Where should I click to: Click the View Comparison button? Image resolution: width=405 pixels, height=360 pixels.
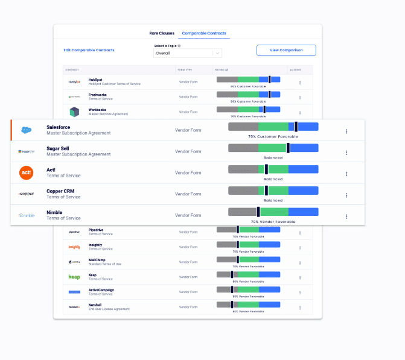286,50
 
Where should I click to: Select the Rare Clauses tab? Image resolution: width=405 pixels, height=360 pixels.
161,33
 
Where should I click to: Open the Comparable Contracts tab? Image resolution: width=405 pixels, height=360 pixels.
203,33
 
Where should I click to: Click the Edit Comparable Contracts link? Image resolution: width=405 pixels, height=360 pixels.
89,50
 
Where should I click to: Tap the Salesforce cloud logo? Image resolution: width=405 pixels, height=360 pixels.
26,130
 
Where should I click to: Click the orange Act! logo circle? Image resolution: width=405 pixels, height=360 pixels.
26,172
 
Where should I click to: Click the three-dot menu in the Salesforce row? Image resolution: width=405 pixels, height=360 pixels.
346,131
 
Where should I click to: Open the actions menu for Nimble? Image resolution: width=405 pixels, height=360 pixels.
346,216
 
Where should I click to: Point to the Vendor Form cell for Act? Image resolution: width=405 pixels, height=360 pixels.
188,173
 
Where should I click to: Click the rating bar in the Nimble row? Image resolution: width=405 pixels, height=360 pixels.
273,212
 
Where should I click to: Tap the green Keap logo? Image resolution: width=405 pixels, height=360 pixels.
74,277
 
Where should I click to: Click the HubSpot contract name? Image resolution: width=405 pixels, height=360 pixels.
95,79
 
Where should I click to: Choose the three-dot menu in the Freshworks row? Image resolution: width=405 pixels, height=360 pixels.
300,96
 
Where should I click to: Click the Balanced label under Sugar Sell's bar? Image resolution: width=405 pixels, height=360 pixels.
273,158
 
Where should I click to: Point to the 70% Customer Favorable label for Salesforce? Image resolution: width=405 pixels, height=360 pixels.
273,137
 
